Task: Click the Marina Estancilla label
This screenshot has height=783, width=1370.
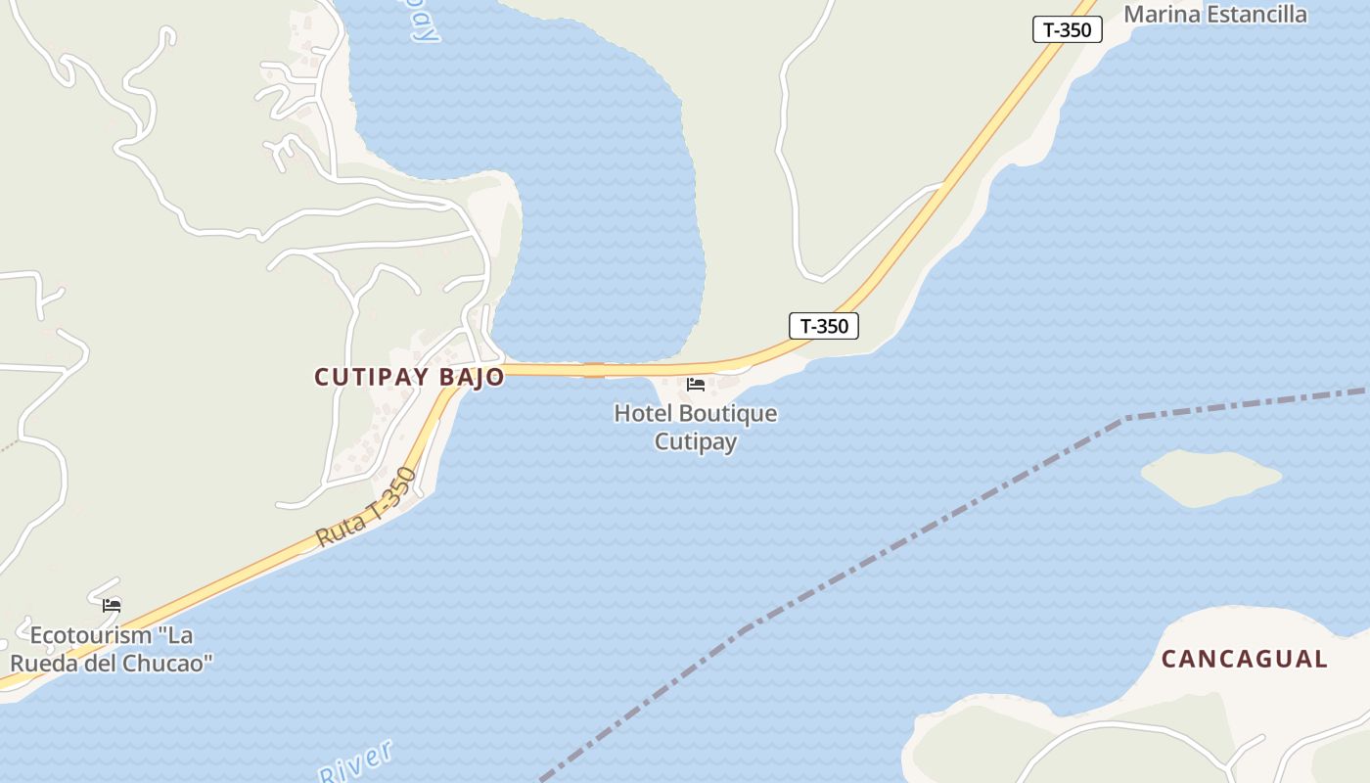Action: point(1214,15)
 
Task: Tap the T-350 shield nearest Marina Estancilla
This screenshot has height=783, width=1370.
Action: point(1067,30)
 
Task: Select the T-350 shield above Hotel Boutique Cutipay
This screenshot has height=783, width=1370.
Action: point(823,326)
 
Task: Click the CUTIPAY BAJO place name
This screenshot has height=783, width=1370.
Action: point(409,377)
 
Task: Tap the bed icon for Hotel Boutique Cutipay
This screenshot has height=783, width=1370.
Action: point(696,385)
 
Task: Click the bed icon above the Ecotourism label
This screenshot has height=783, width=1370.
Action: point(112,606)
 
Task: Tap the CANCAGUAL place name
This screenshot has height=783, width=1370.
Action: point(1244,660)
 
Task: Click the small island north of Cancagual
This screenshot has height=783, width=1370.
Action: point(1210,478)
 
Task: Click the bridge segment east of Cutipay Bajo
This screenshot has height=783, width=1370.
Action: point(594,370)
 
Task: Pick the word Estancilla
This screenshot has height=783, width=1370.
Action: point(1256,15)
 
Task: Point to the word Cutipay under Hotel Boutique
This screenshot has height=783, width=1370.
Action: point(695,441)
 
